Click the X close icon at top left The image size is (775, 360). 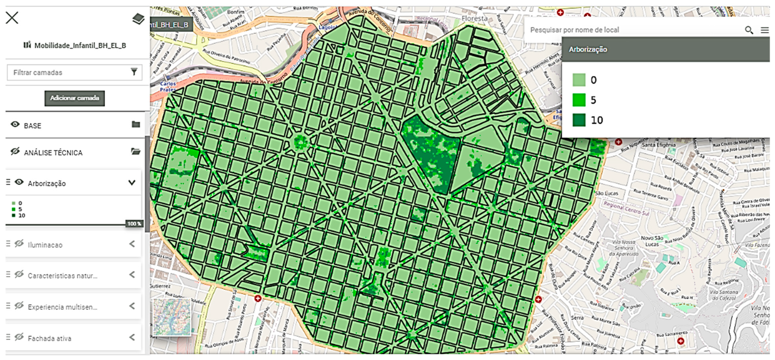tap(12, 18)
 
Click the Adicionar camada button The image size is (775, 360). tap(75, 98)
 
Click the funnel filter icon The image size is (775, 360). tap(134, 72)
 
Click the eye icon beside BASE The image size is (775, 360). tap(15, 125)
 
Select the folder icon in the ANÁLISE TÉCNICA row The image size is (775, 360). tap(136, 151)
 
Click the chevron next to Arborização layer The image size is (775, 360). tap(132, 183)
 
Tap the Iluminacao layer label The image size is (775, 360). tap(45, 245)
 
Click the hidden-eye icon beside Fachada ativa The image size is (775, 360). tap(19, 337)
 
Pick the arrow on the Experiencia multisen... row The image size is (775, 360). tap(132, 306)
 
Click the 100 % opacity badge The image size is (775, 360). tap(134, 224)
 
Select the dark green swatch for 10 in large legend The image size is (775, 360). tap(579, 120)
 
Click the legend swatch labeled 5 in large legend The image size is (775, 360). tap(579, 100)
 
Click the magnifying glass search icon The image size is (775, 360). tap(749, 30)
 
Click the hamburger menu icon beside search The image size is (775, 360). tap(764, 30)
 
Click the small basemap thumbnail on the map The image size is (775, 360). tap(172, 317)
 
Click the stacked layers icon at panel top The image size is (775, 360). tap(138, 19)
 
